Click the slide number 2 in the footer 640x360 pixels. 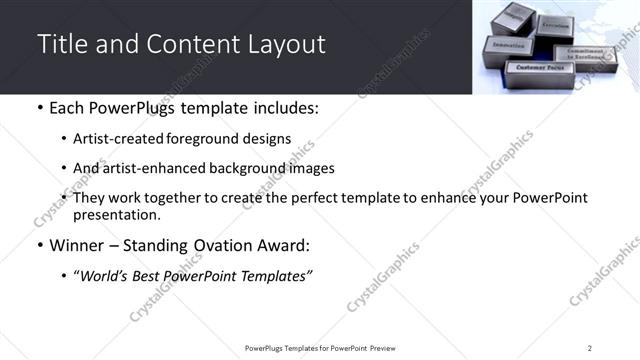(589, 348)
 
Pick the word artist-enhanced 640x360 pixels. (145, 168)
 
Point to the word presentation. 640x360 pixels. (117, 214)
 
